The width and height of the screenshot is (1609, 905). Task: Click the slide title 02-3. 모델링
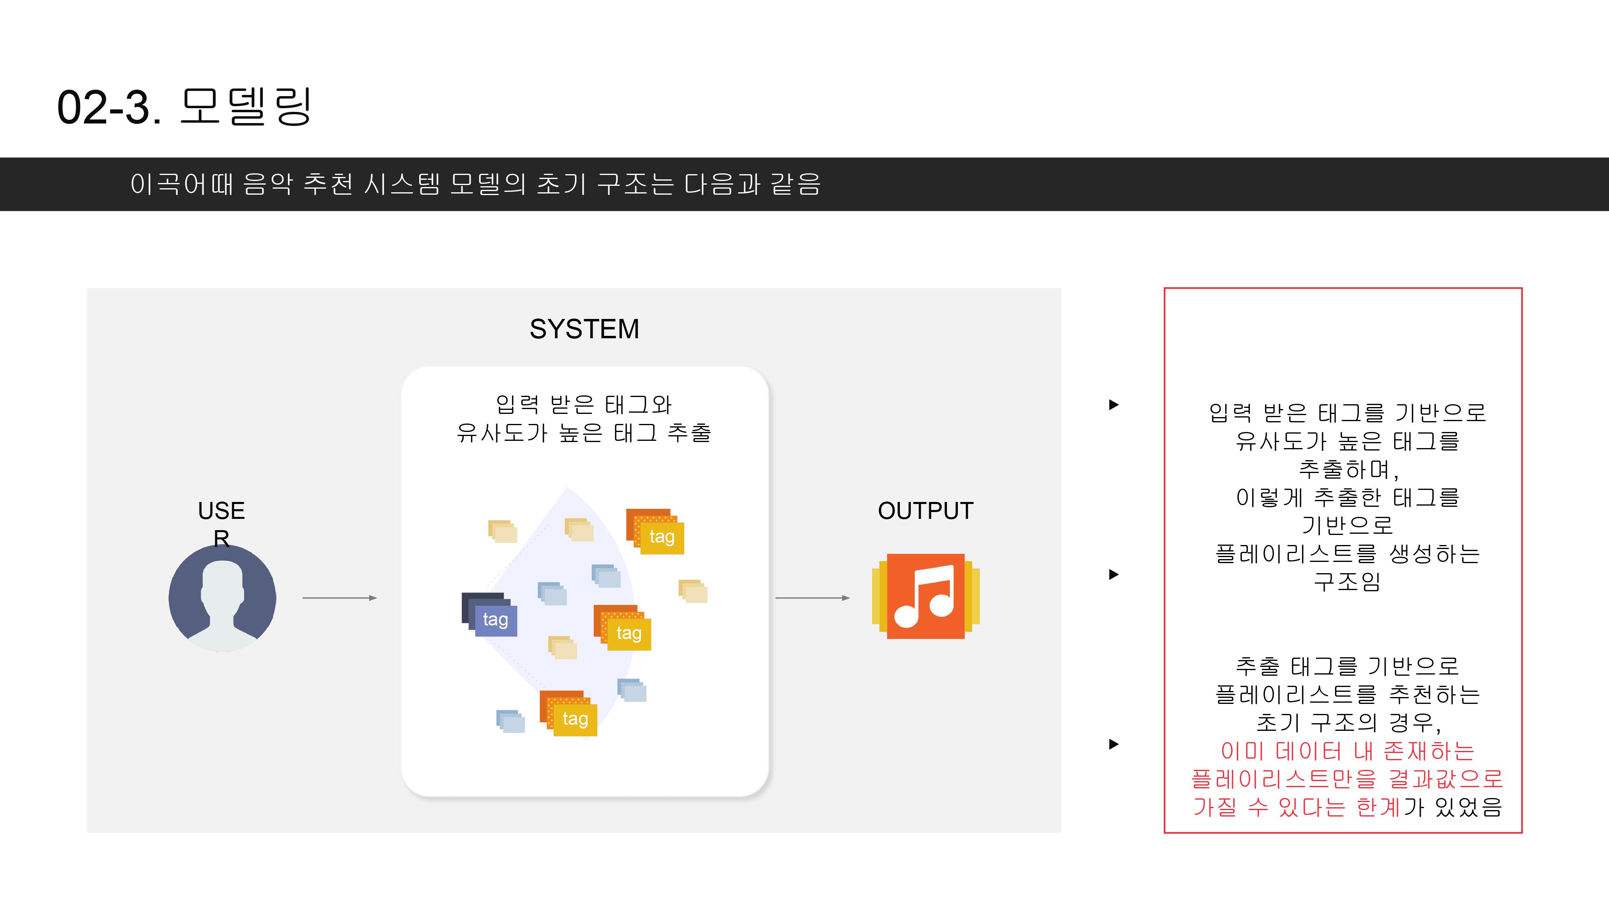click(184, 107)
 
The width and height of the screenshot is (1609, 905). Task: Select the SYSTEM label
click(584, 329)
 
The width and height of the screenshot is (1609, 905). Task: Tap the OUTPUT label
click(925, 511)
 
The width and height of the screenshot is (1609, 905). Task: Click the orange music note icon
click(926, 596)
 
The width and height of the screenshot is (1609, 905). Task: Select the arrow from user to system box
click(339, 599)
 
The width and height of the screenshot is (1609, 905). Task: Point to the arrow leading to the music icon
click(812, 599)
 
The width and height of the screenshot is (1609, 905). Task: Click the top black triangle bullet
click(1113, 405)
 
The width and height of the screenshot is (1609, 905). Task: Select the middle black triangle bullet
click(1113, 575)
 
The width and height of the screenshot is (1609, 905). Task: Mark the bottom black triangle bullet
click(1113, 745)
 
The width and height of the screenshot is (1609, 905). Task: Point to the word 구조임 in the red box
click(1347, 582)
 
